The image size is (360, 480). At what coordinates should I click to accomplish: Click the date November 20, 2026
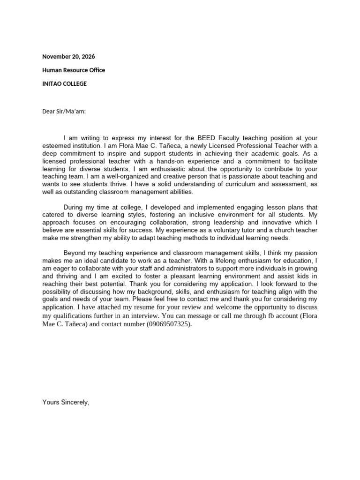[68, 57]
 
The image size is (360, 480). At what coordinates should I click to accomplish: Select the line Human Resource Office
[74, 70]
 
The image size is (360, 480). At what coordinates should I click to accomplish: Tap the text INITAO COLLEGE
[64, 84]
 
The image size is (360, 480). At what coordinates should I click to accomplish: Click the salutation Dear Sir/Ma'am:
[64, 111]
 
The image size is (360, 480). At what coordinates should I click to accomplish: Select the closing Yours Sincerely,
[66, 402]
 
